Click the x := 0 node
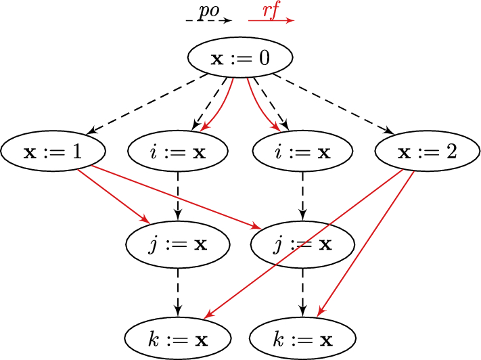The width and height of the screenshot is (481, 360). coord(240,58)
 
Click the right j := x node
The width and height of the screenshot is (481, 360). coord(302,244)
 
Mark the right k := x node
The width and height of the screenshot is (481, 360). coord(302,336)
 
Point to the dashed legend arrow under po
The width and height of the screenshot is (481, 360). coord(208,21)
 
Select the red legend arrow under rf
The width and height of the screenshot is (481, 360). coord(271,21)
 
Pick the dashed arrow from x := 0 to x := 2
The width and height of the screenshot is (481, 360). coord(336,106)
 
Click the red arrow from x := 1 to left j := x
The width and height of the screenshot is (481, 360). coord(114,196)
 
